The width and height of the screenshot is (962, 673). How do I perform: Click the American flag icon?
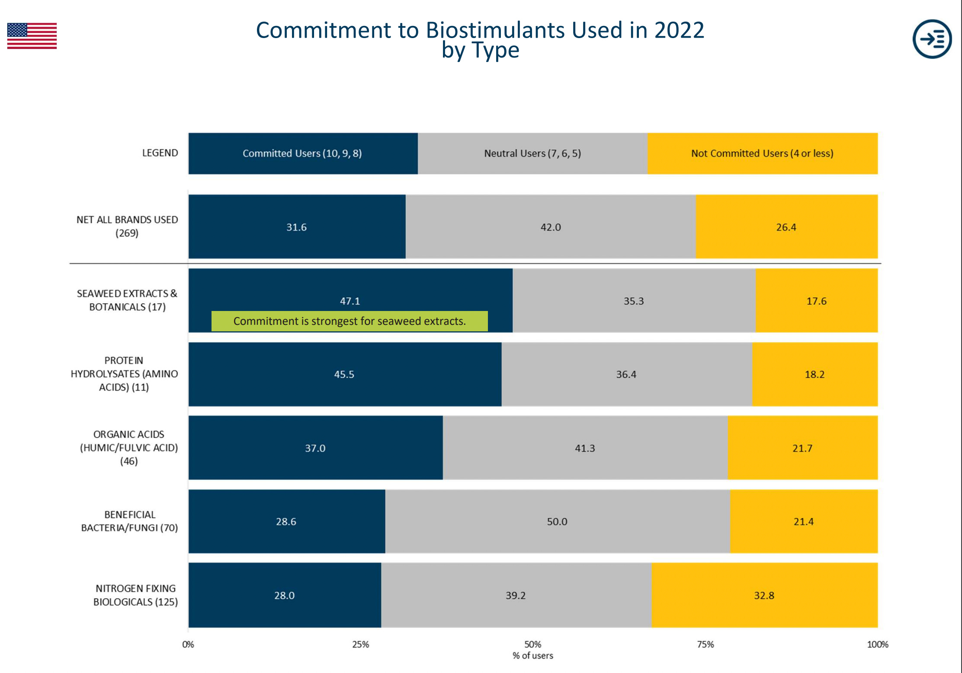(x=32, y=36)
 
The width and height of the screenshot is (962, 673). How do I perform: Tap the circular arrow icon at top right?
(x=932, y=39)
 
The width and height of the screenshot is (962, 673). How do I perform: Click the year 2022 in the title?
(x=679, y=30)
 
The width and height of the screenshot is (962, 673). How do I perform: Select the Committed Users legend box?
(x=302, y=154)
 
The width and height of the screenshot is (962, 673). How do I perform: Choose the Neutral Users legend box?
(x=532, y=154)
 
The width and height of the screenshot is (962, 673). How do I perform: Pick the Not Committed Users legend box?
(x=762, y=154)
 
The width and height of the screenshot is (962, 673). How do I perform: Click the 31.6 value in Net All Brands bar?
(x=296, y=227)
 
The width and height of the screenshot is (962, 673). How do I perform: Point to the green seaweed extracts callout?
(x=350, y=321)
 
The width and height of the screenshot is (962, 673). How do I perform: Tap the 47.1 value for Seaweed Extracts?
(x=350, y=301)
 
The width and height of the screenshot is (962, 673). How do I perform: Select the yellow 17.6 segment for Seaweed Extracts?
(x=816, y=301)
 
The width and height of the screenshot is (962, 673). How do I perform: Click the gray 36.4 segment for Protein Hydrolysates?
(x=626, y=375)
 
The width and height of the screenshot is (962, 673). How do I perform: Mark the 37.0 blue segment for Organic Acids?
(x=315, y=448)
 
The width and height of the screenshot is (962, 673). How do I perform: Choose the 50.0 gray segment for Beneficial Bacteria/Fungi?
(x=557, y=522)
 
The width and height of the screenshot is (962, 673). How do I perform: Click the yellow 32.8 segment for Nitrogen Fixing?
(x=764, y=596)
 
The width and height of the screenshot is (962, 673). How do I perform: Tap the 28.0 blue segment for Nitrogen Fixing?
(x=284, y=596)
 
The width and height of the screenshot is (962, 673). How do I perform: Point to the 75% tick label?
(x=705, y=644)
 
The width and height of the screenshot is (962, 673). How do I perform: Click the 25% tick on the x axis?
(x=360, y=644)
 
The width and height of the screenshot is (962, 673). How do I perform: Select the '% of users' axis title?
(x=532, y=656)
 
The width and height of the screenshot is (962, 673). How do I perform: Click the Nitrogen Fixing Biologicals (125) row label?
(x=135, y=595)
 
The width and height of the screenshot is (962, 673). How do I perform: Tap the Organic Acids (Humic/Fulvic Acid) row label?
(x=129, y=448)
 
